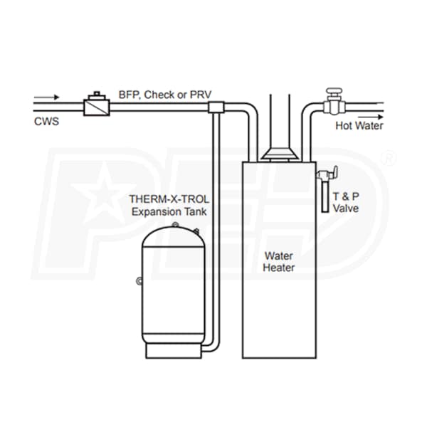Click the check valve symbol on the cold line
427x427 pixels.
(x=95, y=105)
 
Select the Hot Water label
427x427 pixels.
(x=359, y=126)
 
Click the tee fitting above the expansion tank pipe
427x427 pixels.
(x=216, y=107)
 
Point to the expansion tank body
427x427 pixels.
(x=169, y=285)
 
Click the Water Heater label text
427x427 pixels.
(x=279, y=261)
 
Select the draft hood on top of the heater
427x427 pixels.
(x=279, y=153)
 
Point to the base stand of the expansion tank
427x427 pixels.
(x=169, y=349)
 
